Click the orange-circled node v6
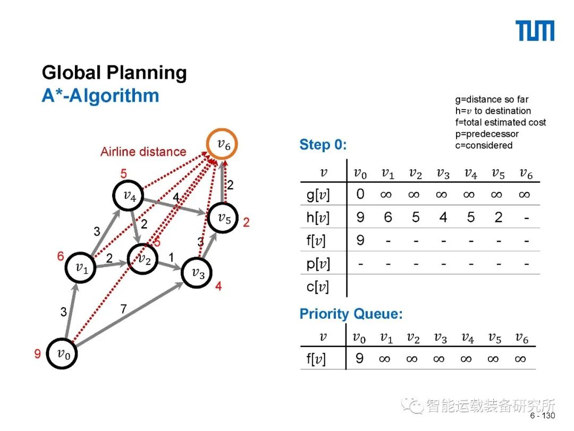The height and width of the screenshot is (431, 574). tap(222, 144)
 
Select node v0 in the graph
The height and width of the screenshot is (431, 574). tap(63, 353)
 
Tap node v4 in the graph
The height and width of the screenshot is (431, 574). tap(129, 196)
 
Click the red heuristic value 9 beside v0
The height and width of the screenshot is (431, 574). tap(38, 353)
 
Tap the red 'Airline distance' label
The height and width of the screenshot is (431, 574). tap(143, 152)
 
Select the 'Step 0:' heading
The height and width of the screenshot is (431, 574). tap(323, 145)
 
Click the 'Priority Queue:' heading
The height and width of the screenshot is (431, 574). tap(351, 314)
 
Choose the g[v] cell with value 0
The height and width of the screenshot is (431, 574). tap(360, 194)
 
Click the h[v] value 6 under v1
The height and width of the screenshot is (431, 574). tap(388, 217)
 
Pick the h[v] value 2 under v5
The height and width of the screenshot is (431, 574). tap(498, 217)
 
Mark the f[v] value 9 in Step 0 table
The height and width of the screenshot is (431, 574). tap(360, 241)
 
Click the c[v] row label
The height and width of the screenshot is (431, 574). tap(318, 287)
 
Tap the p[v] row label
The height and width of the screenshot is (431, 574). tap(318, 263)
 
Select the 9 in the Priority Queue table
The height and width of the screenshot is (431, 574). tap(360, 359)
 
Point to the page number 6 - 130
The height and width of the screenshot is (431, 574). tap(542, 416)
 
